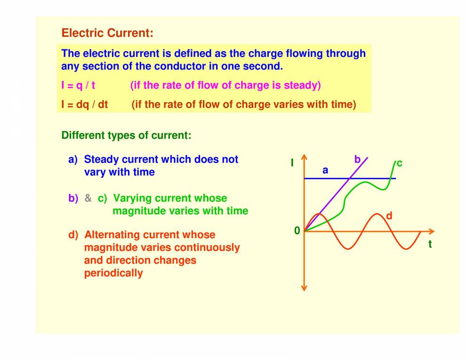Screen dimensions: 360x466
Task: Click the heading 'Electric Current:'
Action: tap(107, 33)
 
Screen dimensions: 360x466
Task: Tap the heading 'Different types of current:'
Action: tap(126, 136)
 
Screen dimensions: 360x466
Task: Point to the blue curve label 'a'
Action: tap(325, 171)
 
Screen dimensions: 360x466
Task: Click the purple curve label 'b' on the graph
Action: tap(357, 160)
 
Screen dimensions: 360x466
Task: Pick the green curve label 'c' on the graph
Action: tap(399, 163)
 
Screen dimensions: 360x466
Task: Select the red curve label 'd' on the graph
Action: tap(389, 216)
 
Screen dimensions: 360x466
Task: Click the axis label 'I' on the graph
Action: tap(292, 163)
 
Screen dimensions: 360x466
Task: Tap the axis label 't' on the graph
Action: tap(430, 244)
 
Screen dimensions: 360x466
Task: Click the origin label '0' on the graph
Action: tap(297, 231)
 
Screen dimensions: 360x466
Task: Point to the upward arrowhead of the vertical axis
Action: tap(304, 158)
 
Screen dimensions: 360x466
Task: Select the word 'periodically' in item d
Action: tap(113, 273)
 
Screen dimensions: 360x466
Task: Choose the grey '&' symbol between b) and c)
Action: tap(88, 199)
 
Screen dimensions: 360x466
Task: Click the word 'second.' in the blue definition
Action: tap(263, 66)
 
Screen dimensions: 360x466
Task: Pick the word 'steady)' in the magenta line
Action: tap(302, 86)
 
